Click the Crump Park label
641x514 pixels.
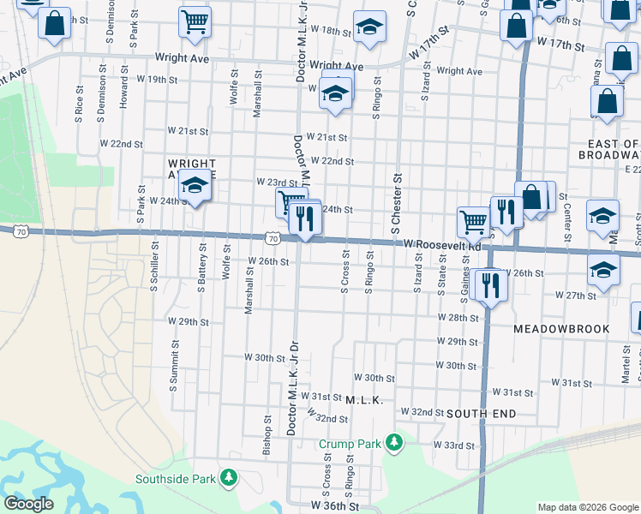[x=350, y=444]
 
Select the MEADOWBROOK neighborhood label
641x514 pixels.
[x=561, y=329]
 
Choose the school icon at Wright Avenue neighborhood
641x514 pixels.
[x=195, y=187]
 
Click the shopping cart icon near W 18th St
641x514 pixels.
[x=195, y=22]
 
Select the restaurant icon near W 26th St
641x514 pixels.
[x=489, y=284]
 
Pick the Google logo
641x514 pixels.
[x=28, y=504]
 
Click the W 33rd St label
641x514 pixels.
[x=452, y=445]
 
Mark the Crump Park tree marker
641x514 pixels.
[x=393, y=443]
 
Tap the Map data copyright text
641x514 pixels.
[x=587, y=507]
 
